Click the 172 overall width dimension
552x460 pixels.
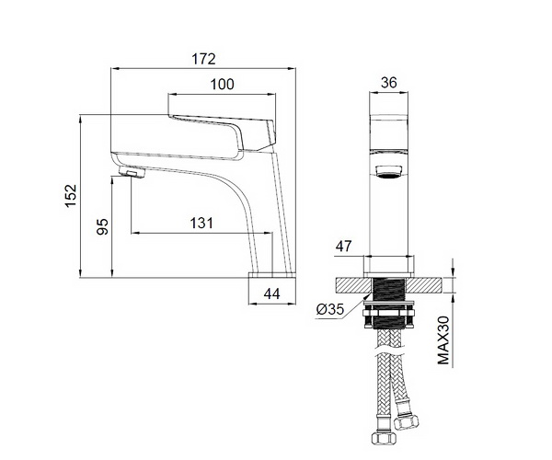[x=203, y=59]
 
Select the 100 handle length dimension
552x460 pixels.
[x=222, y=85]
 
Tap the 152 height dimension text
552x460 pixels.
[x=71, y=196]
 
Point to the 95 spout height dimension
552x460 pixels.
[x=102, y=226]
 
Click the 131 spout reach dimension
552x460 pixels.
[x=201, y=224]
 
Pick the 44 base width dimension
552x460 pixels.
[x=271, y=293]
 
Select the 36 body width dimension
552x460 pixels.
[x=388, y=83]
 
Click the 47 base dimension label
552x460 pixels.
[x=343, y=247]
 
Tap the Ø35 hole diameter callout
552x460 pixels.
[x=329, y=309]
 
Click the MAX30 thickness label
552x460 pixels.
[x=443, y=340]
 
